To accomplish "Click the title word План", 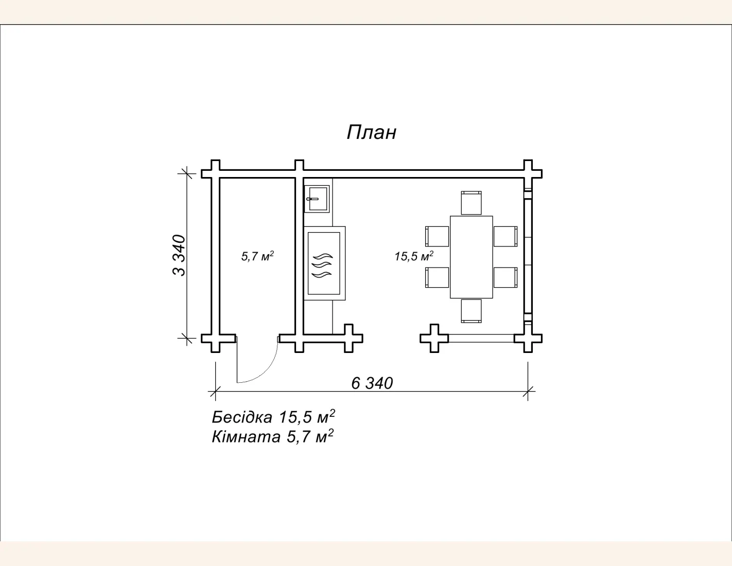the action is click(372, 132).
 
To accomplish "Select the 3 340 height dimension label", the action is click(179, 255).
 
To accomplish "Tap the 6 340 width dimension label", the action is click(372, 383).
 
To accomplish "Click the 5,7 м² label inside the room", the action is click(257, 256).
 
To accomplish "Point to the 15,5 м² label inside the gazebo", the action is click(414, 256).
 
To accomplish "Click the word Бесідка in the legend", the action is click(242, 417).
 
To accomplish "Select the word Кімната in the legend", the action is click(246, 437).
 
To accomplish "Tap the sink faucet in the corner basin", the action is click(312, 199).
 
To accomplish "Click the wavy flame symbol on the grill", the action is click(322, 266).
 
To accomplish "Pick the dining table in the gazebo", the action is click(471, 257).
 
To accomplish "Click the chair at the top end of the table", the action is click(471, 203).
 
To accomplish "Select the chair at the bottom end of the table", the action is click(471, 311).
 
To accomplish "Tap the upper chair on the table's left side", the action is click(437, 236).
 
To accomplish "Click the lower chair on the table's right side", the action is click(506, 277).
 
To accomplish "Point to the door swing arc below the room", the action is click(266, 367).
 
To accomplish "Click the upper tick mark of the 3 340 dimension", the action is click(187, 174).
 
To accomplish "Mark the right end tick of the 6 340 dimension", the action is click(528, 391).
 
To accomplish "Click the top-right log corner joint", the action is click(528, 174).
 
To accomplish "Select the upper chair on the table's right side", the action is click(506, 236).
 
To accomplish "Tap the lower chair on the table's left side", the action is click(437, 277).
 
